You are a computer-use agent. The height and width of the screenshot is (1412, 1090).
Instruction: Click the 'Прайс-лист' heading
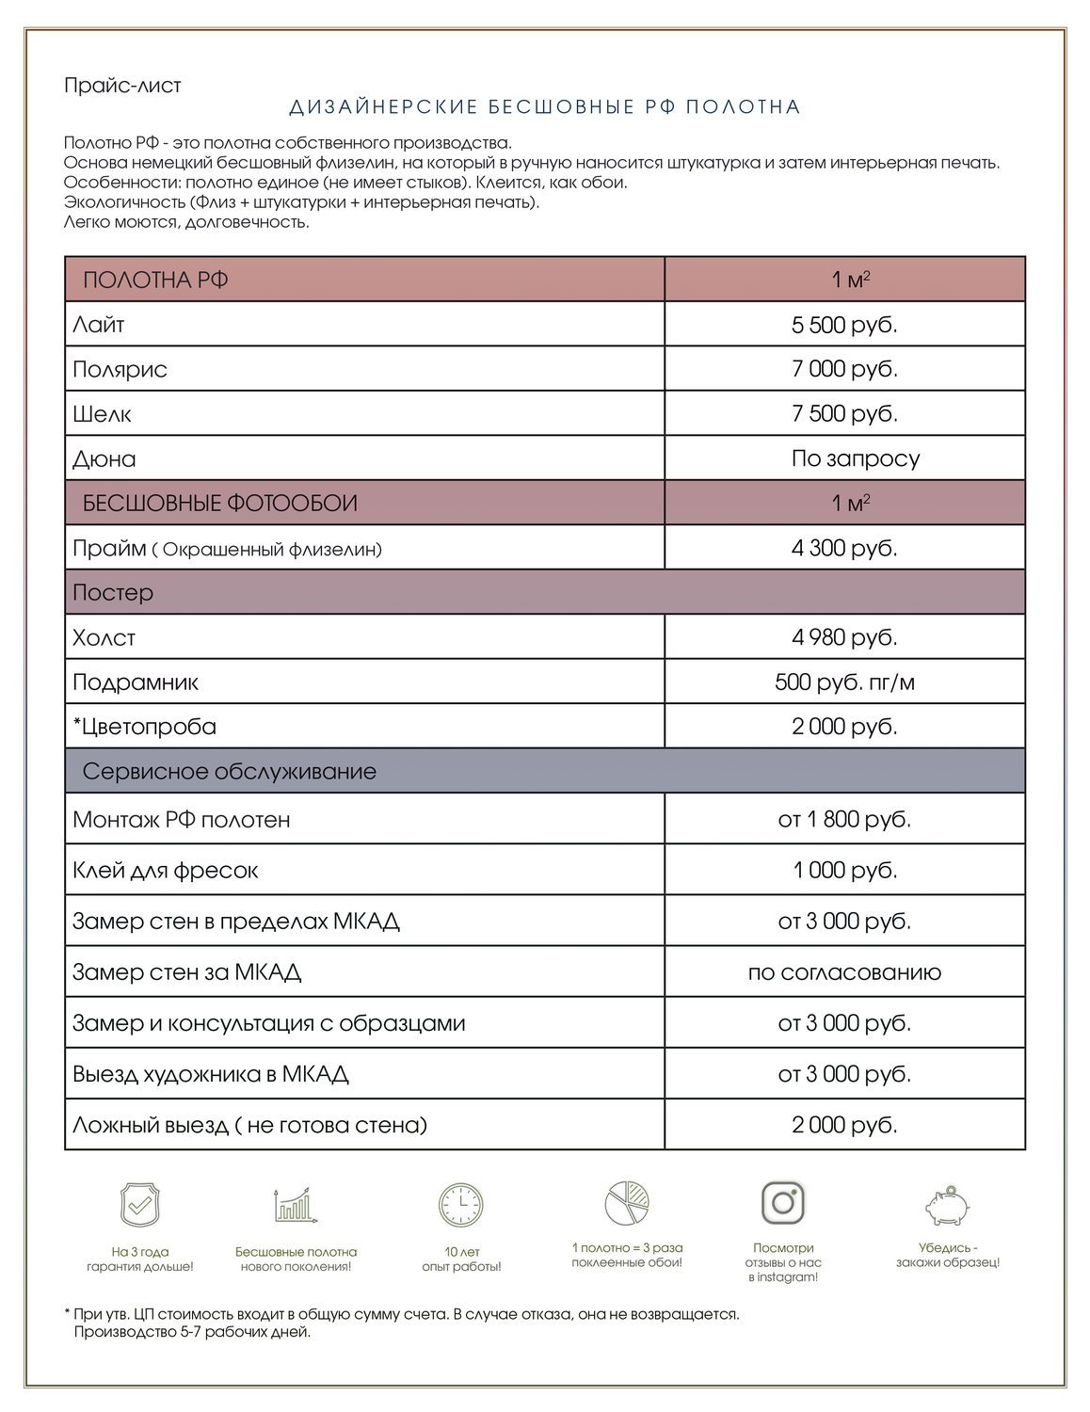click(x=122, y=86)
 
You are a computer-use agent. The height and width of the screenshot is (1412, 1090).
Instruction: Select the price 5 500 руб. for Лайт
click(x=844, y=325)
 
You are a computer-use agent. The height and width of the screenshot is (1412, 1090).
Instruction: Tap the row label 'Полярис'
click(x=120, y=369)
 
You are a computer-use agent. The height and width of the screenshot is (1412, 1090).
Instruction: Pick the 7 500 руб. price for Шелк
click(x=844, y=413)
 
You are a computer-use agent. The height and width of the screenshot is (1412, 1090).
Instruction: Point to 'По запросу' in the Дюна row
click(x=855, y=458)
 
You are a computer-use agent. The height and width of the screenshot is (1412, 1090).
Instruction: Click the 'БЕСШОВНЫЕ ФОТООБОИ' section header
click(x=219, y=503)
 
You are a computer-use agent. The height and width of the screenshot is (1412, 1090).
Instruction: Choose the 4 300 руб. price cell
click(x=844, y=548)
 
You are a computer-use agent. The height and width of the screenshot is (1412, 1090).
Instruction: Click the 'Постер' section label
click(x=112, y=592)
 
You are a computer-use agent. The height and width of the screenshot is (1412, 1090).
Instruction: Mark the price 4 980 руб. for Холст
click(x=844, y=637)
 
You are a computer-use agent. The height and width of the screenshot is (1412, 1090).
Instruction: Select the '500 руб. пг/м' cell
click(x=844, y=682)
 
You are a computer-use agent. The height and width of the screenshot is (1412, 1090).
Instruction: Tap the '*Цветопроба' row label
click(x=144, y=727)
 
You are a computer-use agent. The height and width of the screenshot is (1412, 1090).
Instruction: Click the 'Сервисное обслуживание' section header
click(x=229, y=771)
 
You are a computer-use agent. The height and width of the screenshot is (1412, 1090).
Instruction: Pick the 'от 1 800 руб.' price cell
click(x=844, y=819)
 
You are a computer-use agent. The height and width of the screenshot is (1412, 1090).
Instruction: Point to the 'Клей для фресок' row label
click(x=165, y=870)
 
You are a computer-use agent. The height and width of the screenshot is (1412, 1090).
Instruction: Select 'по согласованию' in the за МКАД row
click(x=844, y=972)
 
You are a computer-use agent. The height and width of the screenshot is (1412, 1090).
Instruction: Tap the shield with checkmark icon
click(x=140, y=1204)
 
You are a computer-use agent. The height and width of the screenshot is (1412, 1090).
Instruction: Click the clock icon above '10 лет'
click(x=461, y=1204)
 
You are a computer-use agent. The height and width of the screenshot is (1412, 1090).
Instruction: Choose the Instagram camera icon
click(x=783, y=1202)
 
